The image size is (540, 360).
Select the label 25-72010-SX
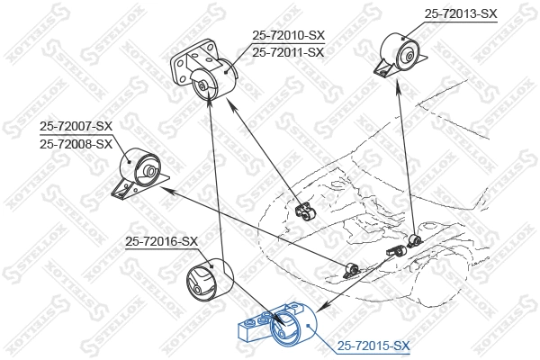(x=288, y=35)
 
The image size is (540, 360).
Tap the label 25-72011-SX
(x=288, y=52)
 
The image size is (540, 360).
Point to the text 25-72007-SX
(x=76, y=127)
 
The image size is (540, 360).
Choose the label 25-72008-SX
(x=76, y=144)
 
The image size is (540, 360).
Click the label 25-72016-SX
(x=161, y=241)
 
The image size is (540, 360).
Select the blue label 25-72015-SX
(x=373, y=345)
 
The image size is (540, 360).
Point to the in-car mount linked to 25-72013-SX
(x=414, y=239)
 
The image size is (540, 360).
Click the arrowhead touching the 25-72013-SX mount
(x=399, y=85)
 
